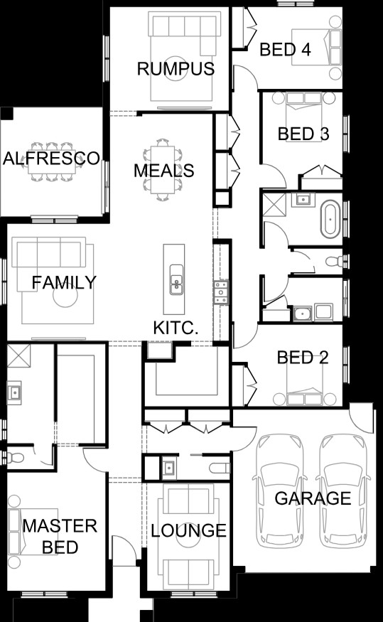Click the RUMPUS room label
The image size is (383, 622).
176,69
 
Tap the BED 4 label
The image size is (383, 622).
285,50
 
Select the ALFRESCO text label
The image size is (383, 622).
52,159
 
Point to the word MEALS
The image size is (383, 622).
163,171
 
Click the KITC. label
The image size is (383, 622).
176,328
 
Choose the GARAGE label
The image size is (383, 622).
313,498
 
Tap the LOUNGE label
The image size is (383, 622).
189,530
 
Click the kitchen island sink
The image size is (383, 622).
176,279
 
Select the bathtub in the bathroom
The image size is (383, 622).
330,219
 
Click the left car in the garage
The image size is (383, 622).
280,491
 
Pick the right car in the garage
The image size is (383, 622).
343,491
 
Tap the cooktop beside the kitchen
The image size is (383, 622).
221,292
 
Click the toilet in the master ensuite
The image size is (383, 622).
15,457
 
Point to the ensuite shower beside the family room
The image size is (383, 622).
18,355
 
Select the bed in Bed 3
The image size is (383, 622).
304,104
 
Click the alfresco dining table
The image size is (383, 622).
52,161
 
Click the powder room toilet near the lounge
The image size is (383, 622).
220,468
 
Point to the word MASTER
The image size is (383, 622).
60,526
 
